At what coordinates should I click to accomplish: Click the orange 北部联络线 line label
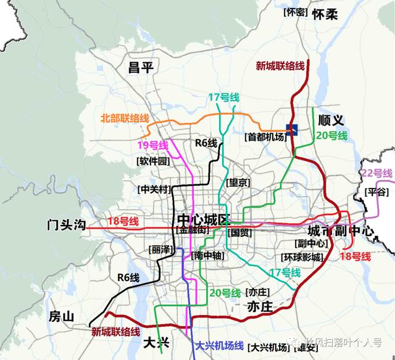coord(125,118)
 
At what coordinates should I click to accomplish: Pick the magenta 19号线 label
coord(152,145)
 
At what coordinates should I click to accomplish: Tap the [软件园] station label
coord(152,161)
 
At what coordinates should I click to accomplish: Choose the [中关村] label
coord(154,189)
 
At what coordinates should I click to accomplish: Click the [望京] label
coord(238,182)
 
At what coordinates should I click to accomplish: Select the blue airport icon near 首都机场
coord(292,128)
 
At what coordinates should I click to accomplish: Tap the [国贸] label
coord(239,233)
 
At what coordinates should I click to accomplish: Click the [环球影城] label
coord(302,257)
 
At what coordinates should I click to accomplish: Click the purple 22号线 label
coord(377,173)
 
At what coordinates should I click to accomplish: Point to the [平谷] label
coord(376,192)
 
